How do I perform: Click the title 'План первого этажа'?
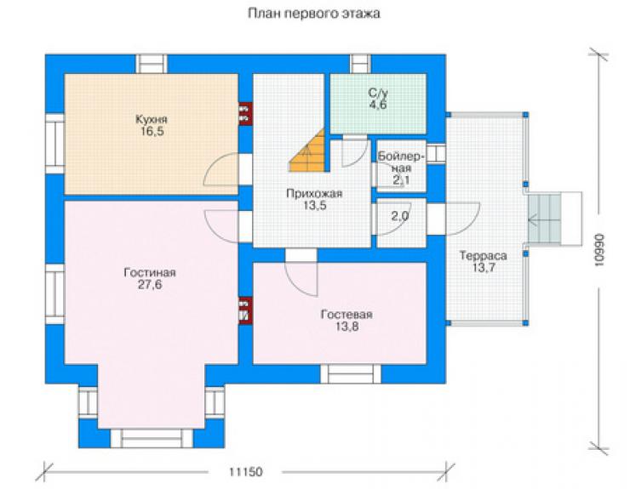click(314, 14)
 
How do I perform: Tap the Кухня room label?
click(151, 119)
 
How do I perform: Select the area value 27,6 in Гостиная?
click(150, 285)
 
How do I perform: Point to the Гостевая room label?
click(346, 315)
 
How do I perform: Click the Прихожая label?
click(314, 194)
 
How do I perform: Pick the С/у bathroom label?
click(378, 94)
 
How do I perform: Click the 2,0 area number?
click(400, 216)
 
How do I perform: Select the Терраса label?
click(483, 256)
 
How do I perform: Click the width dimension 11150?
click(246, 471)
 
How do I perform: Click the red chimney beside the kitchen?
click(245, 114)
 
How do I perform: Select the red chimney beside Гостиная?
click(245, 310)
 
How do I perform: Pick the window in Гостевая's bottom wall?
click(351, 374)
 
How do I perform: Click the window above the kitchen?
click(151, 64)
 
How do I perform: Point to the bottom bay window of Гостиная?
click(152, 438)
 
